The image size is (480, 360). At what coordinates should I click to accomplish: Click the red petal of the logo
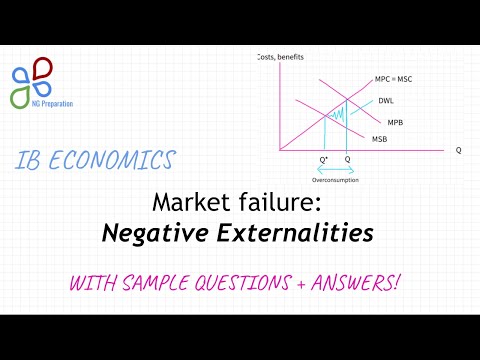[42, 68]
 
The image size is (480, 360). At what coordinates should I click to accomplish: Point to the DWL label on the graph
[385, 101]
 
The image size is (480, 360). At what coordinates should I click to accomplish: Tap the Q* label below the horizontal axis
[323, 160]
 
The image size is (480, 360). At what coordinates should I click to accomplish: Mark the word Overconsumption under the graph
[334, 180]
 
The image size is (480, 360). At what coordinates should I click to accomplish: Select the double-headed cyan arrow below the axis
[334, 171]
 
